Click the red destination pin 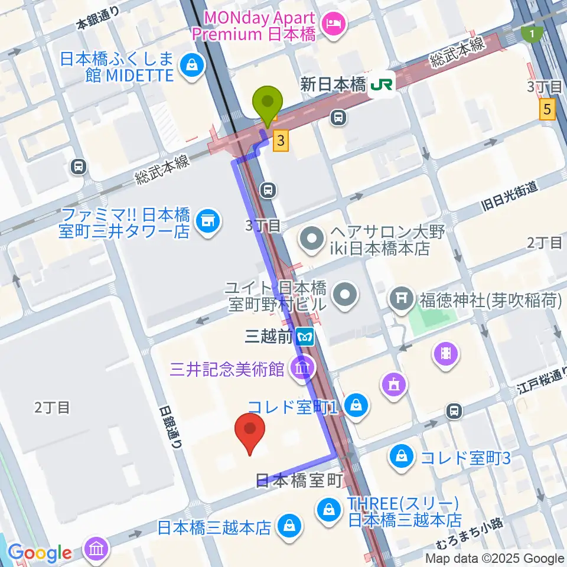(x=250, y=434)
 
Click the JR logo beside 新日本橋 (x=381, y=86)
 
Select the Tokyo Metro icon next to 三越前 (x=305, y=337)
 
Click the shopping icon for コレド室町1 (x=357, y=406)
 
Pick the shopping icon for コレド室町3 (x=402, y=457)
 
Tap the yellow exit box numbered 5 (x=548, y=109)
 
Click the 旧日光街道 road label (x=509, y=196)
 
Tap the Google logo (x=40, y=553)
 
